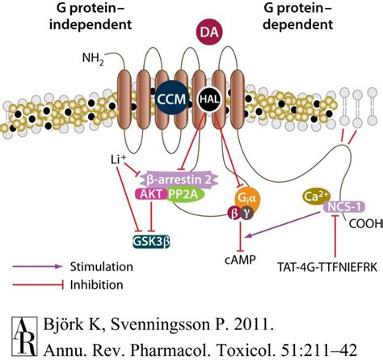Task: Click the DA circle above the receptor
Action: point(205,33)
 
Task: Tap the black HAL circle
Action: point(207,98)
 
